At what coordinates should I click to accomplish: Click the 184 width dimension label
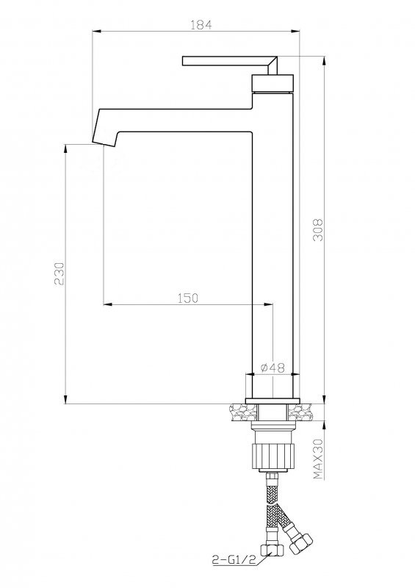click(x=201, y=25)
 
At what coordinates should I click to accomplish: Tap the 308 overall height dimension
click(x=317, y=229)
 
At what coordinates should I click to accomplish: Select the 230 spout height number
click(x=59, y=273)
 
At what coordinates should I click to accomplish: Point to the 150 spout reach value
click(x=187, y=298)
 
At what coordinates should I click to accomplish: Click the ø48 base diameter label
click(x=273, y=367)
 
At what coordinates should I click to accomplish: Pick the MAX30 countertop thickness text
click(x=318, y=459)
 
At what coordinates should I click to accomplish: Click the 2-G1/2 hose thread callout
click(x=234, y=560)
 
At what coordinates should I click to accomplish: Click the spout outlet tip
click(x=104, y=144)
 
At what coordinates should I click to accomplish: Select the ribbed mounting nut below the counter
click(x=273, y=455)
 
